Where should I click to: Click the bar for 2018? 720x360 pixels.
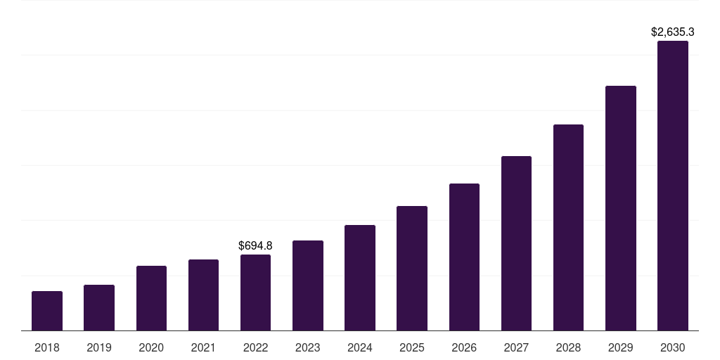tap(47, 311)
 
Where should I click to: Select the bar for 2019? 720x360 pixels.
tap(99, 307)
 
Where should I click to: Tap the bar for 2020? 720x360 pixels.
tap(151, 298)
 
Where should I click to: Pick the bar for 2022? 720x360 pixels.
tap(255, 292)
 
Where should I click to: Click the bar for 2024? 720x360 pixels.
tap(360, 278)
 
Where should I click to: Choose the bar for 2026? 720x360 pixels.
tap(464, 257)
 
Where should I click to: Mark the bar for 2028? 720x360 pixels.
tap(568, 227)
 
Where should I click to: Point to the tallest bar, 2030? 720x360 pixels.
tap(673, 186)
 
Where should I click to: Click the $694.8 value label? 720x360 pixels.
tap(255, 245)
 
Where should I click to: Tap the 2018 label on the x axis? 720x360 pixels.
tap(47, 347)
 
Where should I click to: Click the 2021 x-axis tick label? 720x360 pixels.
tap(203, 347)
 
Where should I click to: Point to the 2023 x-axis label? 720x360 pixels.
tap(308, 347)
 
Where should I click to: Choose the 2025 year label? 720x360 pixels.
tap(412, 347)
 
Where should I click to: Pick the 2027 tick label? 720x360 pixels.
tap(516, 347)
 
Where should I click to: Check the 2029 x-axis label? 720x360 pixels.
tap(620, 347)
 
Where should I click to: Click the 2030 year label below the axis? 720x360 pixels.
tap(673, 347)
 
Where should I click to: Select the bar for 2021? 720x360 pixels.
tap(203, 295)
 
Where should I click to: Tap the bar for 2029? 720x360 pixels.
tap(620, 208)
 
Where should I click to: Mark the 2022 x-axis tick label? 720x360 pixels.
tap(255, 347)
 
